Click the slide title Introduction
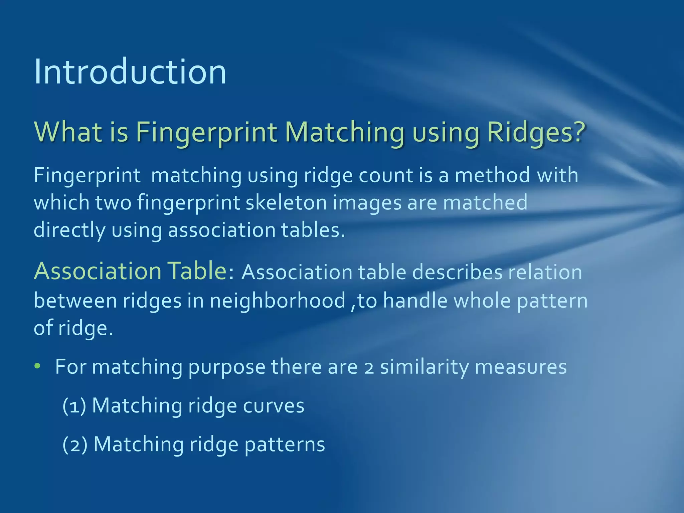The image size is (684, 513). (130, 72)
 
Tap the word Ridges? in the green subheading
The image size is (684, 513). (536, 132)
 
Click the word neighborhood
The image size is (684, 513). (278, 301)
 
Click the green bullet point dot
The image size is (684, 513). (37, 366)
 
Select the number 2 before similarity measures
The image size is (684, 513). (369, 367)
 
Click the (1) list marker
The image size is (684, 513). (74, 406)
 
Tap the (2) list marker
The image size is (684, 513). (75, 445)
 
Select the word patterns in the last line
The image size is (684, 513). (285, 445)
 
